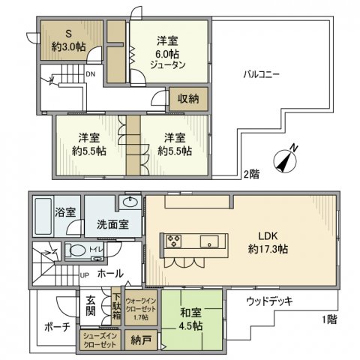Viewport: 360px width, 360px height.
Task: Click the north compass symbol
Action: tap(286, 159)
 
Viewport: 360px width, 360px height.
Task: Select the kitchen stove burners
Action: tap(174, 241)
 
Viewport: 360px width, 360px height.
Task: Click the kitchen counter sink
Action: tap(209, 241)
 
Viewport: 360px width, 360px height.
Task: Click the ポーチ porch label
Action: tap(56, 328)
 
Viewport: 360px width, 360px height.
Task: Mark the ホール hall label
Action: tap(110, 275)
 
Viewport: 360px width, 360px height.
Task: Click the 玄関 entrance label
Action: tap(90, 304)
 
